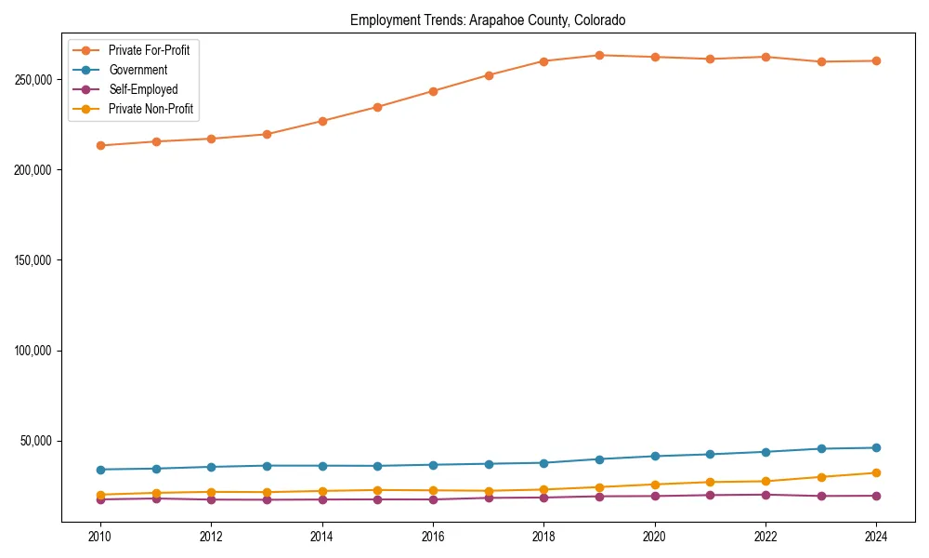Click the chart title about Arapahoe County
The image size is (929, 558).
coord(488,20)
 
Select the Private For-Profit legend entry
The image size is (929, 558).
coord(149,50)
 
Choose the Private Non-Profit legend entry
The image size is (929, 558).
coord(149,109)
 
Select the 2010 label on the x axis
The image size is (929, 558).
coord(100,537)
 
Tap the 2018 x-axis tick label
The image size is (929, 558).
coord(543,537)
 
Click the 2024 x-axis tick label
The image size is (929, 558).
coord(876,537)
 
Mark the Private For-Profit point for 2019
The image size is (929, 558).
coord(599,55)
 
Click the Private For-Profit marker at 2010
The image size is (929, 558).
coord(100,145)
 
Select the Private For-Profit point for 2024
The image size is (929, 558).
coord(876,60)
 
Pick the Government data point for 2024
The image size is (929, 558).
coord(876,447)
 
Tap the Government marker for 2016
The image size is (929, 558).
coord(433,464)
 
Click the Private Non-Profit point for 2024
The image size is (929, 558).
coord(876,472)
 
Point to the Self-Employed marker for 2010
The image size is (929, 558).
coord(100,499)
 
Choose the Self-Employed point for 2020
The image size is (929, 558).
coord(655,496)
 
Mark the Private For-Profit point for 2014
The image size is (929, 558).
coord(322,121)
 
